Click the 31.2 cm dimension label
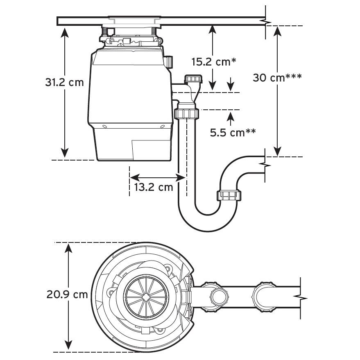point(64,82)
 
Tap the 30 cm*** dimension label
point(277,77)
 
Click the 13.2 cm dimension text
point(154,188)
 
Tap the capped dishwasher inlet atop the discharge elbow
point(193,79)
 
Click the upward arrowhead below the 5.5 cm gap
point(231,116)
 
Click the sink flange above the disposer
point(133,19)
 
